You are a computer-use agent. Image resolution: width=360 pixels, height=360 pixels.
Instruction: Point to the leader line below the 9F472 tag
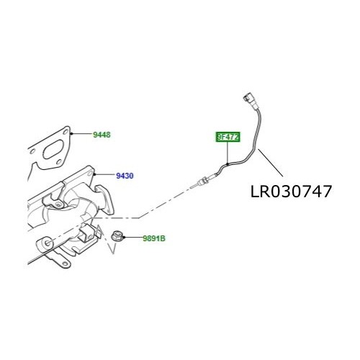[x=226, y=153]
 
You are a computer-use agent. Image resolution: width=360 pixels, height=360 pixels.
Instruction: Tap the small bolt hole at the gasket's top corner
[x=67, y=132]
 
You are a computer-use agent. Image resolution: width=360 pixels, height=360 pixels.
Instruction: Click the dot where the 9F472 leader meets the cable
[x=226, y=165]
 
